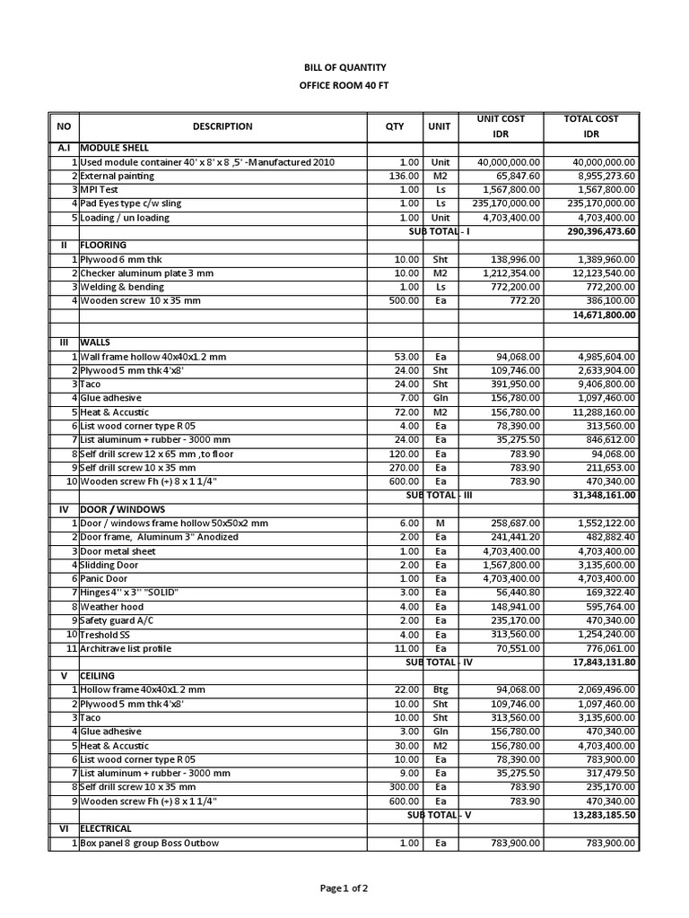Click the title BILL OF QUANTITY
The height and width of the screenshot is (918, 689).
(x=344, y=67)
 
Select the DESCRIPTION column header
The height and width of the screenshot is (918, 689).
(x=222, y=126)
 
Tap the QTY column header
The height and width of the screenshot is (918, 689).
(x=395, y=126)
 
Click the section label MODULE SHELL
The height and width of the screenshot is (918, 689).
(x=115, y=147)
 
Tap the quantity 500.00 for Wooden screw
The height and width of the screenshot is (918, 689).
(x=405, y=300)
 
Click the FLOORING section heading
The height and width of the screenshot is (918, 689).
(x=103, y=245)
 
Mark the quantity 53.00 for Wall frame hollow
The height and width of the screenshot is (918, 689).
(x=407, y=357)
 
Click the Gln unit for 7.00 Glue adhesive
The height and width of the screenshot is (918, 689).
(x=440, y=398)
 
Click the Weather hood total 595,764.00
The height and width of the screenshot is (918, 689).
(x=606, y=606)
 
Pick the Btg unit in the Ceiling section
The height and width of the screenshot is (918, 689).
(x=440, y=689)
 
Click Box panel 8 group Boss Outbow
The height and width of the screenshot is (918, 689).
(x=150, y=843)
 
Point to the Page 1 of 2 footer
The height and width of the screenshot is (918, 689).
(x=344, y=888)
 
